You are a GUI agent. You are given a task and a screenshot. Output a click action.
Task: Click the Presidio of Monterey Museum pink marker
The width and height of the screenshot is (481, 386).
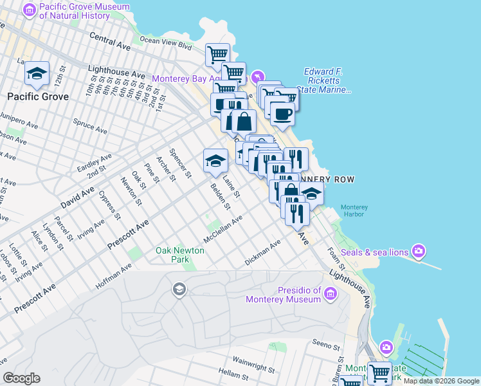[x=331, y=295]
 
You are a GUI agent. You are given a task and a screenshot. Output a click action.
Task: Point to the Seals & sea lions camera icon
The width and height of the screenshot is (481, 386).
[x=419, y=250]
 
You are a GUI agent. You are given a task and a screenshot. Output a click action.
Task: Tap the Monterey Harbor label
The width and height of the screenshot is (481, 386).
[x=354, y=212]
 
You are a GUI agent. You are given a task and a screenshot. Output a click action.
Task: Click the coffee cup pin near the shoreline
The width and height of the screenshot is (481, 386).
[x=282, y=114]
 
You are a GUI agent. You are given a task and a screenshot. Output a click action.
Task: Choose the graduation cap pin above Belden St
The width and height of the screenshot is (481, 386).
[x=215, y=161]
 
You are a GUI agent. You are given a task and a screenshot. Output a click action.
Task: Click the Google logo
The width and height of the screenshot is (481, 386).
[x=21, y=378]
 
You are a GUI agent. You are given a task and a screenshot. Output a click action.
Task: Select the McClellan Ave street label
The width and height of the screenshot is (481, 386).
[x=222, y=229]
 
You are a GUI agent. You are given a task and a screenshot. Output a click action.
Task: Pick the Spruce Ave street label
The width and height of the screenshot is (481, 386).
[x=90, y=125]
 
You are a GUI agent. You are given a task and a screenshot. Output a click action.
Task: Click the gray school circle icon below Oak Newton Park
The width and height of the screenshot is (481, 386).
[x=178, y=290]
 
